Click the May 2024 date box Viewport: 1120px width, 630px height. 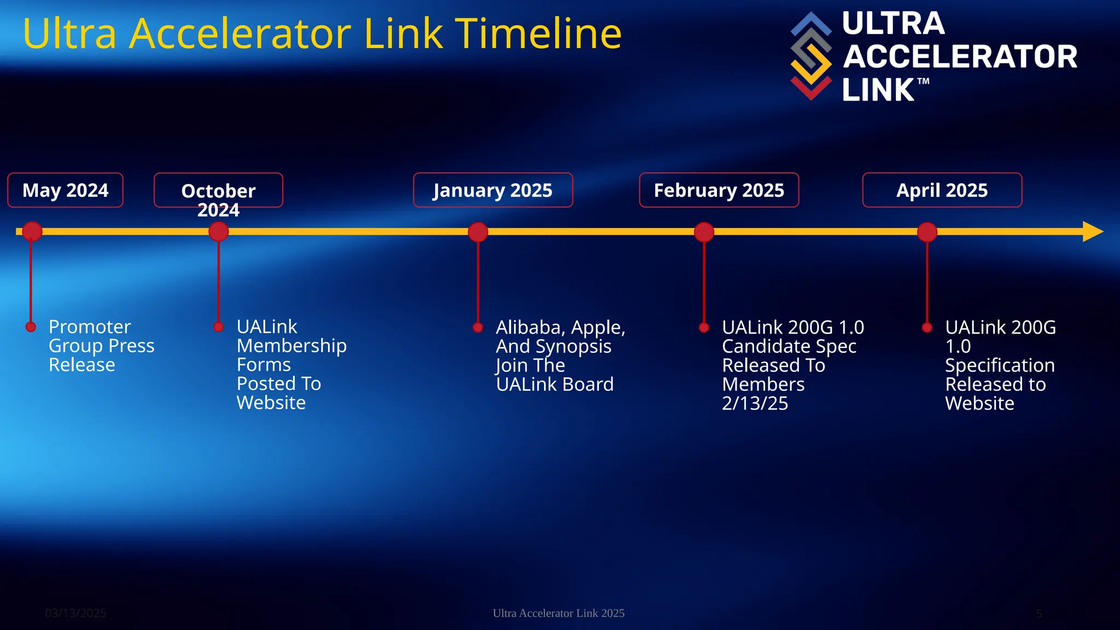[65, 190]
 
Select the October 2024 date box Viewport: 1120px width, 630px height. [218, 191]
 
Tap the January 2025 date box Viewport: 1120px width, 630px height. [493, 190]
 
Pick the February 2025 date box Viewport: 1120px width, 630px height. [719, 190]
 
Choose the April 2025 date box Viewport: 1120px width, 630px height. [942, 190]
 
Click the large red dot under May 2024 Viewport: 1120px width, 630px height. [32, 232]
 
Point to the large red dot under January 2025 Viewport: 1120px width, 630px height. [478, 232]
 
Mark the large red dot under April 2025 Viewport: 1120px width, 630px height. [927, 232]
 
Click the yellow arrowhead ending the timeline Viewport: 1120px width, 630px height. [1093, 232]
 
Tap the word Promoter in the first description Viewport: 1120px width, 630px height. [90, 327]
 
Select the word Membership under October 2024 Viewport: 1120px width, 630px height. [291, 346]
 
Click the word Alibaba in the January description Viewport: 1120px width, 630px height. [530, 328]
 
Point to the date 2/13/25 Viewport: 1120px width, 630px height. [755, 404]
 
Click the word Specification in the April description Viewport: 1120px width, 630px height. [1000, 365]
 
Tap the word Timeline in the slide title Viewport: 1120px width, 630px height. [538, 34]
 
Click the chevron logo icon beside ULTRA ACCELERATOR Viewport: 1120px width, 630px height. [811, 56]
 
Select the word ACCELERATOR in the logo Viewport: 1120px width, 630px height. [960, 57]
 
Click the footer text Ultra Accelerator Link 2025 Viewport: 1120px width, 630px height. [558, 613]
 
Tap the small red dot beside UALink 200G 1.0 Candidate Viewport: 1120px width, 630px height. [704, 328]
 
